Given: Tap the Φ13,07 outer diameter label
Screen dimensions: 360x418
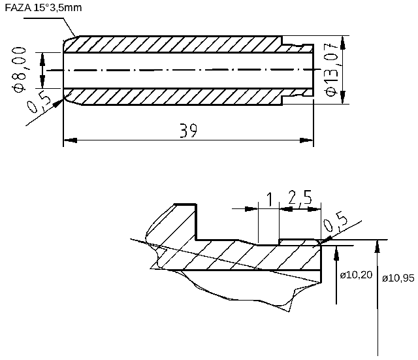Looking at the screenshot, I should coord(332,69).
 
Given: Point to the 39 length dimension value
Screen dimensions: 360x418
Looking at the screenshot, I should coord(189,131).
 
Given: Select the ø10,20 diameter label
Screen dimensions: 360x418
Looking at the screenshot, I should coord(357,275).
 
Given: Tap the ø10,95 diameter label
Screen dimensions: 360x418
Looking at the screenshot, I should coord(398,278).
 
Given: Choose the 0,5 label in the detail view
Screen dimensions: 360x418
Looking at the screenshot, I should coord(336,222).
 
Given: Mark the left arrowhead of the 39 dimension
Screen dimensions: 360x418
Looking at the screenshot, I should coord(69,139).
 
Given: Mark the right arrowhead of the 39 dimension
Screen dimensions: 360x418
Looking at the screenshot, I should coord(307,139).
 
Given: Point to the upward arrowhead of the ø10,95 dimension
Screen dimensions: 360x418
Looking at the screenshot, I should coord(378,244).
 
